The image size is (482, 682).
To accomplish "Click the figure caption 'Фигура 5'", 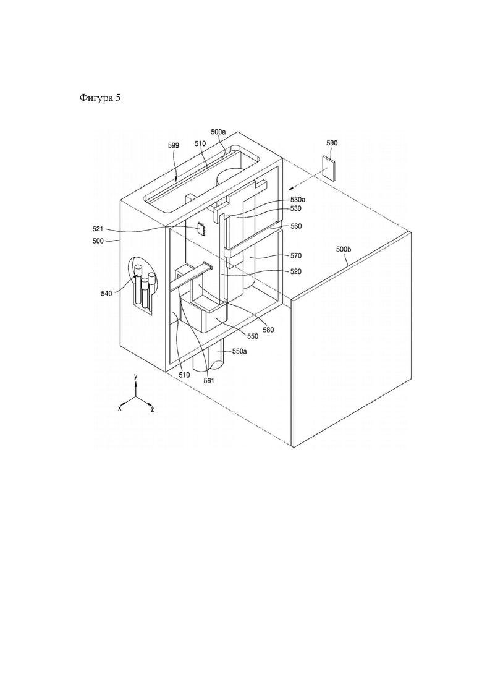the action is point(100,98).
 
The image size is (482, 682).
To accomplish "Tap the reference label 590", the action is point(332,143).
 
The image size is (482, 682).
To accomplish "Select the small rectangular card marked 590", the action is point(329,169).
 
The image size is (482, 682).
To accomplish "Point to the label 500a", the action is point(219,131).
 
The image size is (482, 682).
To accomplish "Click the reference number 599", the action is point(174,146).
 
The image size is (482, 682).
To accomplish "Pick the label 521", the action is point(98,228).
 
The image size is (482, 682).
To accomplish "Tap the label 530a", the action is point(298,200).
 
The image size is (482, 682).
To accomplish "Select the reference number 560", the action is point(296,226).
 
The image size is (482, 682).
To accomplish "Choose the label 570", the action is point(296,256).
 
